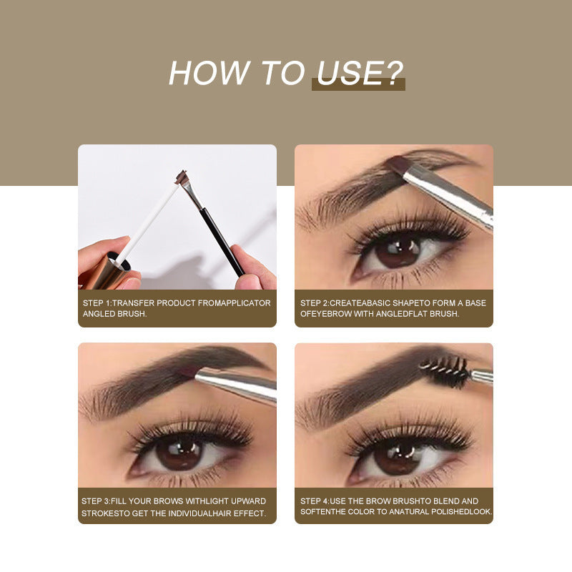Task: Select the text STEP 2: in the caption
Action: coord(314,303)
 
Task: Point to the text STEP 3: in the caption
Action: coord(97,500)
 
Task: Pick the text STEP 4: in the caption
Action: coord(315,500)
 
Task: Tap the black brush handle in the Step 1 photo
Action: coord(222,239)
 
